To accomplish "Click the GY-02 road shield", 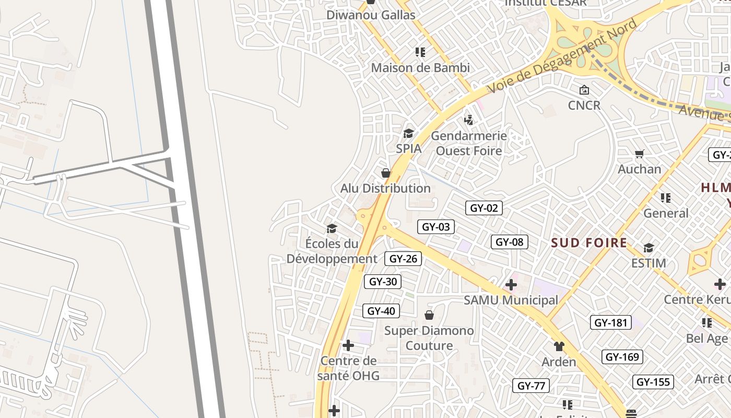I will [x=484, y=208].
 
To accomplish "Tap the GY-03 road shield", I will [x=435, y=227].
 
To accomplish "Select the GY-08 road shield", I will [x=509, y=242].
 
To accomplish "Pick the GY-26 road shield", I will [x=403, y=258].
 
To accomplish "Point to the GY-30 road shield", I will [x=383, y=282].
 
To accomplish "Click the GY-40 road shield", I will [x=381, y=311].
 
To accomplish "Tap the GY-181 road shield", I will [x=610, y=322].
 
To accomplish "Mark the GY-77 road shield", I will [x=530, y=386].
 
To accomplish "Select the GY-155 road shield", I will [x=653, y=382].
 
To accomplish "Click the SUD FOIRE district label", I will [x=589, y=243].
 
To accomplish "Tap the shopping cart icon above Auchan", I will [x=640, y=154].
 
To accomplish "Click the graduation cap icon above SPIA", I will [x=408, y=133].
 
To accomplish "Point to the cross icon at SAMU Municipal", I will [x=511, y=285].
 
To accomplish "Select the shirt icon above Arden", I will [x=559, y=346].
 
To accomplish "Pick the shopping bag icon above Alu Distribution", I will [x=386, y=173].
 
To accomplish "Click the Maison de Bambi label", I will [x=420, y=68].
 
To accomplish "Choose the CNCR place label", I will [x=584, y=106].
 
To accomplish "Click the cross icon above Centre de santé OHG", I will [x=348, y=345].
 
